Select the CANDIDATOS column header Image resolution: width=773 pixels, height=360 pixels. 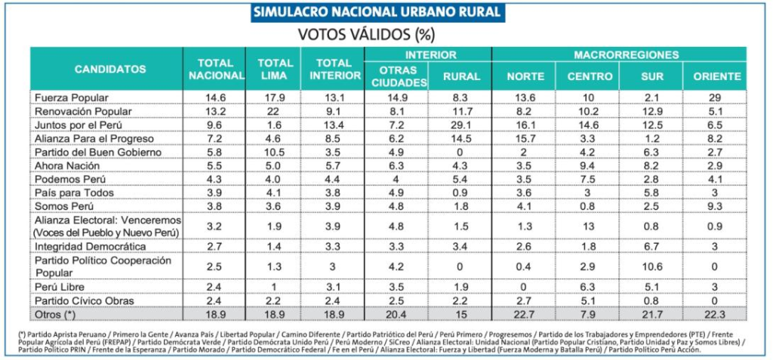click(x=109, y=69)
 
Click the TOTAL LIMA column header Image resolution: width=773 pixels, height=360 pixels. click(x=276, y=69)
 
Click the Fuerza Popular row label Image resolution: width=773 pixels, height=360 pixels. click(x=72, y=98)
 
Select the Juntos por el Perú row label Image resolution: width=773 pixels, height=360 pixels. click(x=79, y=125)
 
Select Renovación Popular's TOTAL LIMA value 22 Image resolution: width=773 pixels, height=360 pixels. click(x=276, y=112)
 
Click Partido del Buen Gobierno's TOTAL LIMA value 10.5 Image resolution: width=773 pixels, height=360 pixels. click(x=276, y=152)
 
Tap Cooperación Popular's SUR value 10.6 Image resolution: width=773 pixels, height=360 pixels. click(x=650, y=267)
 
